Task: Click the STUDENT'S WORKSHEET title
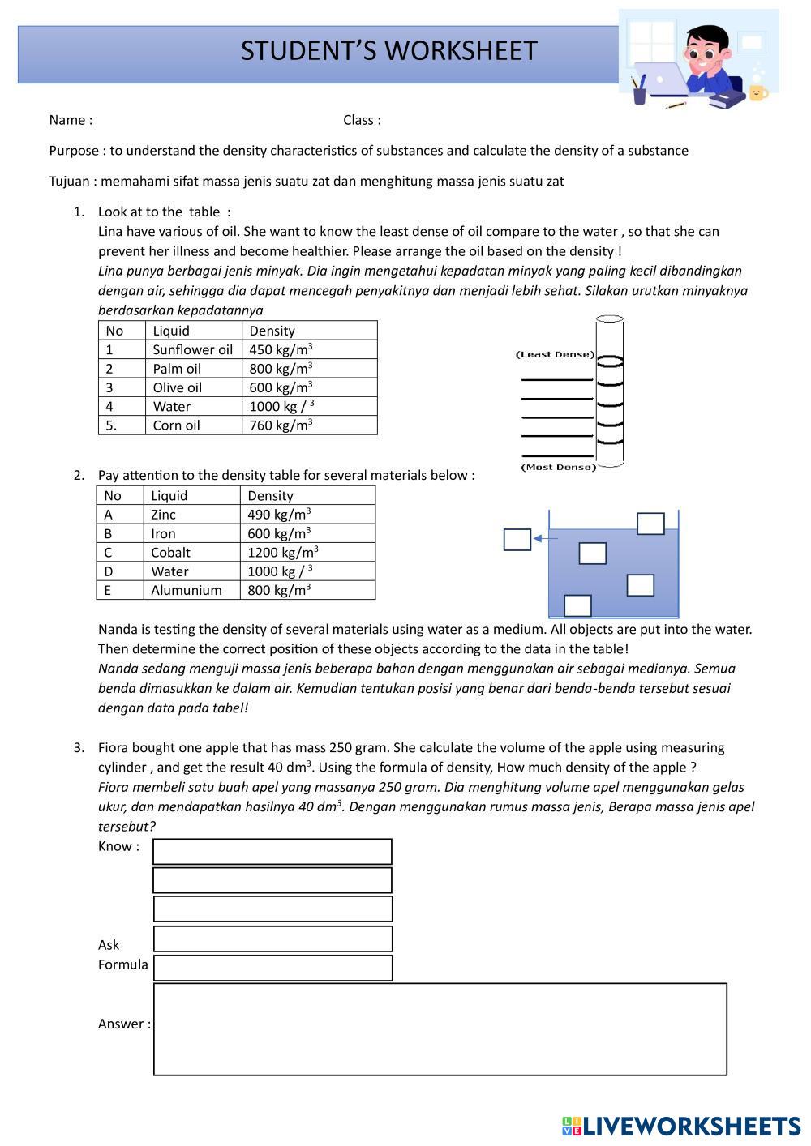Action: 388,51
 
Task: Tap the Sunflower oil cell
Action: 192,349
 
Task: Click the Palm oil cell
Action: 177,369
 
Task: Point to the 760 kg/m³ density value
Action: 281,425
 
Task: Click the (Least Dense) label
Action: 555,354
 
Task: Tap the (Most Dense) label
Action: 558,467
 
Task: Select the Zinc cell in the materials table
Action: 163,515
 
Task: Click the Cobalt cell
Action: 170,553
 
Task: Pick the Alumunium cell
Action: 186,590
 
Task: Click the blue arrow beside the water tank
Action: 546,538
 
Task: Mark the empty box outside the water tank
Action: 517,539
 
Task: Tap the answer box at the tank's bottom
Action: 577,605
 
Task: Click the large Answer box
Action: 440,1029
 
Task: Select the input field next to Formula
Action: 272,968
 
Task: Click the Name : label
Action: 71,120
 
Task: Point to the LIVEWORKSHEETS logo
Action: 680,1126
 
